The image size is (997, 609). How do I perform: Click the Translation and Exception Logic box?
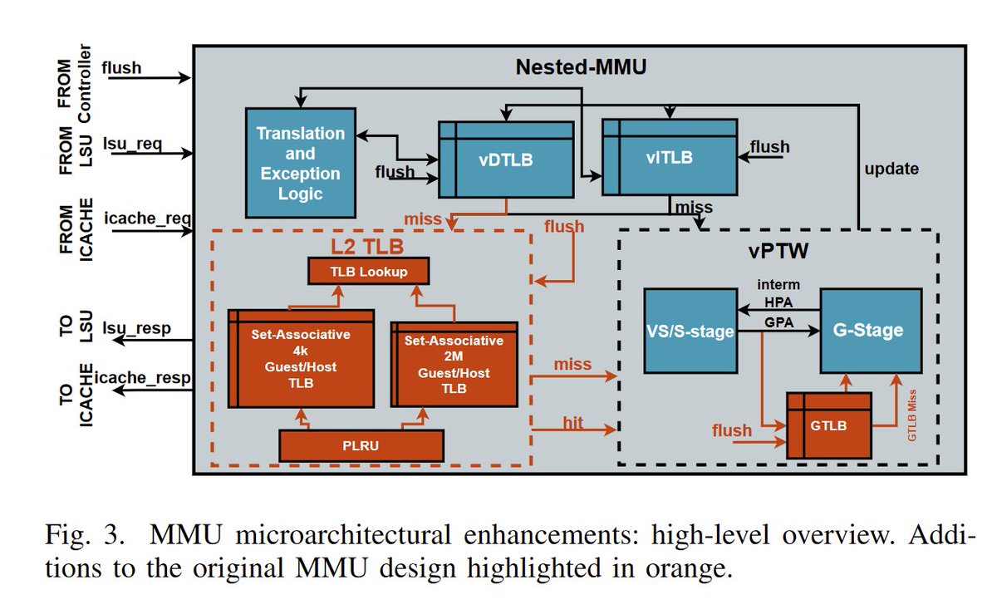pyautogui.click(x=300, y=163)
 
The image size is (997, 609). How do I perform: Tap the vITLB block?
pyautogui.click(x=669, y=157)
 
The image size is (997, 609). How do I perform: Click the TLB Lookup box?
pyautogui.click(x=368, y=271)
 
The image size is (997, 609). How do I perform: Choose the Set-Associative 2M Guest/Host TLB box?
pyautogui.click(x=454, y=365)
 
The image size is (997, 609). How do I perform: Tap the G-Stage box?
pyautogui.click(x=871, y=330)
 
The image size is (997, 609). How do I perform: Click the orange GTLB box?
pyautogui.click(x=829, y=425)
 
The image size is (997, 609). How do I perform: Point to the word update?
pyautogui.click(x=891, y=169)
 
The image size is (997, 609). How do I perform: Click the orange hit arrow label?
pyautogui.click(x=572, y=424)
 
